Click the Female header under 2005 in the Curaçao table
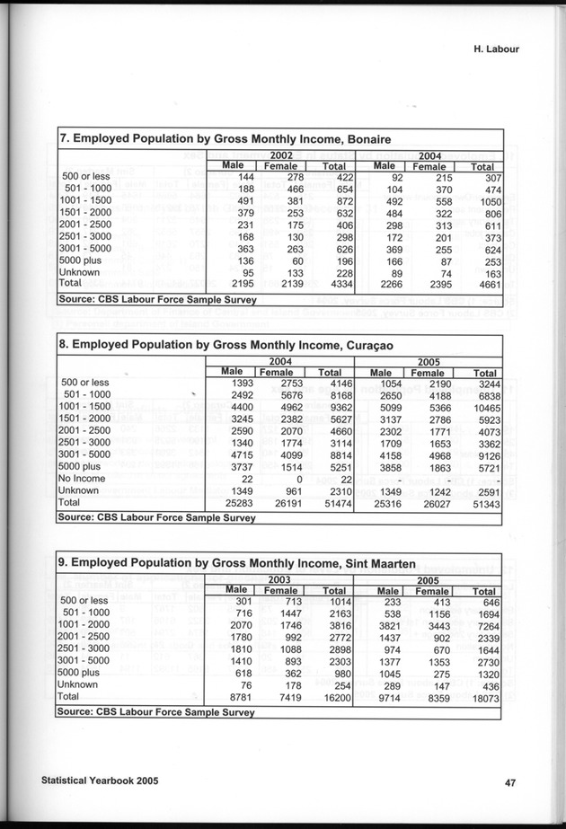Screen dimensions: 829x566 point(429,373)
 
